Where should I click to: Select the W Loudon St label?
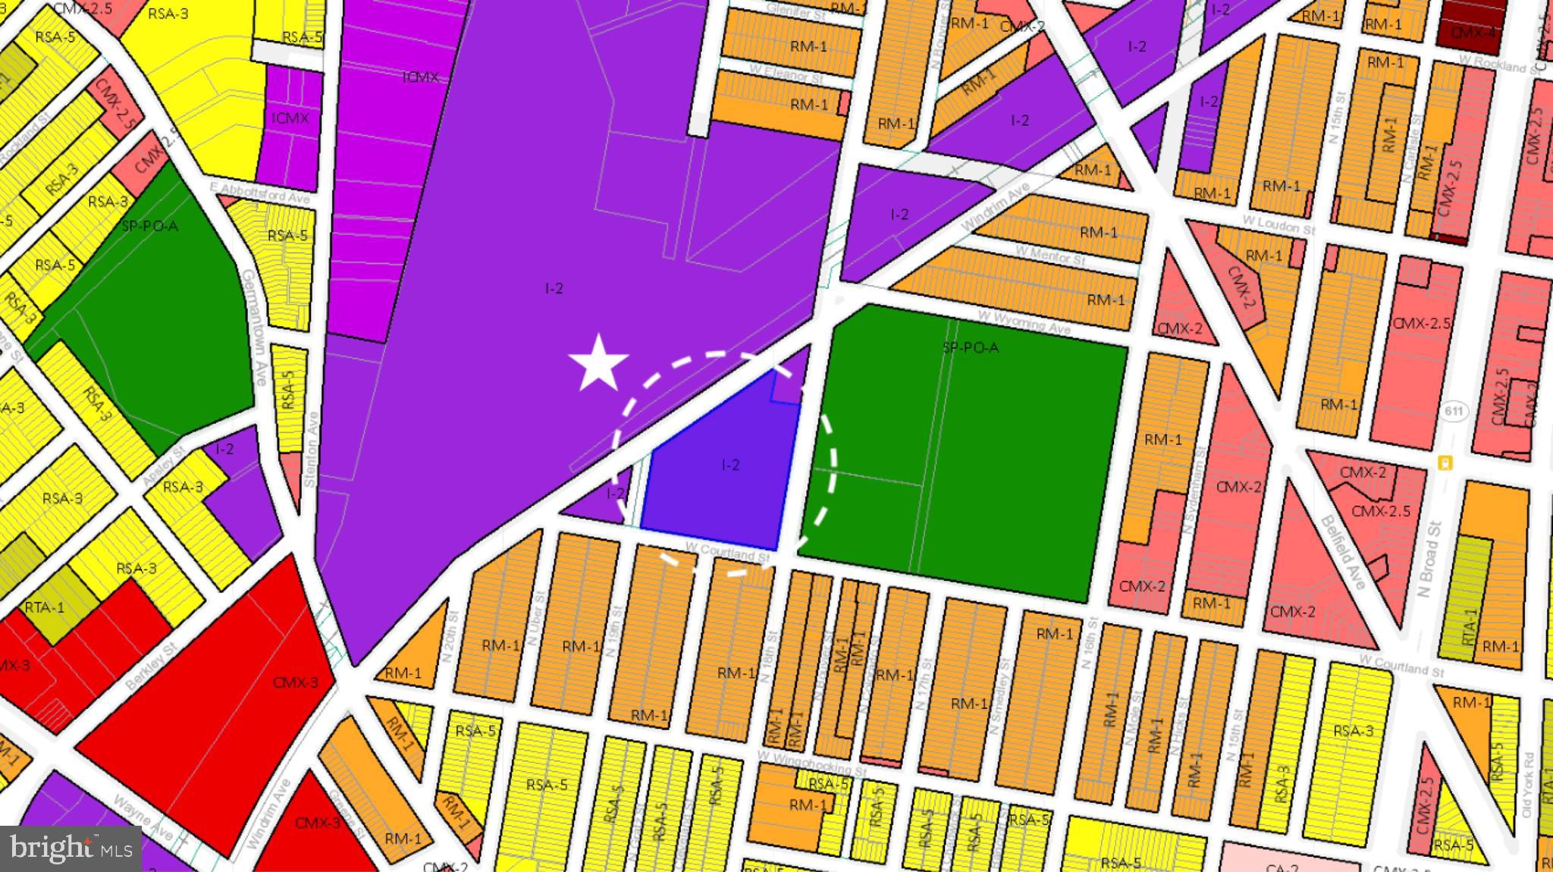tap(1278, 224)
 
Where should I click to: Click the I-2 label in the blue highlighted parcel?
tap(730, 465)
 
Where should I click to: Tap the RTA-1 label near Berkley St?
tap(45, 607)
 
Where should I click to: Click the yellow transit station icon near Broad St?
tap(1445, 463)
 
